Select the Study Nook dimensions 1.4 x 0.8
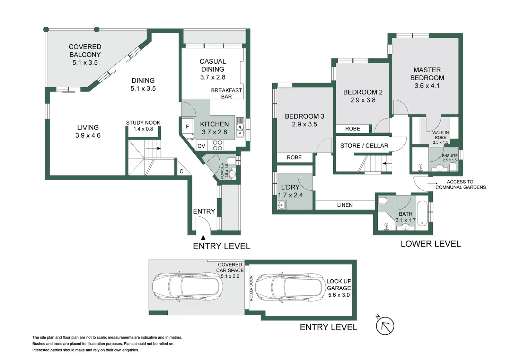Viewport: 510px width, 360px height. (x=143, y=129)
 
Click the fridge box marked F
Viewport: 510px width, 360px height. (x=187, y=126)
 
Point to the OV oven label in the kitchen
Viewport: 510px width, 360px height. (x=201, y=146)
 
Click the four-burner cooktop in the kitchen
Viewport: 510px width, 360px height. (x=217, y=145)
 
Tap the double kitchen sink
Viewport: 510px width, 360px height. (x=240, y=130)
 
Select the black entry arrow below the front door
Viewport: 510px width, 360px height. (x=203, y=238)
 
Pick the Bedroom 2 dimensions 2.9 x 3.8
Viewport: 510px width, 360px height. (x=363, y=100)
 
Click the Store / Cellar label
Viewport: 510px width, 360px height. (x=364, y=145)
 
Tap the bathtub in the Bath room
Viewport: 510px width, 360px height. (x=422, y=213)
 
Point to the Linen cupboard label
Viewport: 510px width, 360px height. (x=345, y=205)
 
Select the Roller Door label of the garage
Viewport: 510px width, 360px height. (x=251, y=288)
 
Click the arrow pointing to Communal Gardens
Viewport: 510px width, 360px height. (x=432, y=183)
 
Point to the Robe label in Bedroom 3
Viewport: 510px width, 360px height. (x=294, y=157)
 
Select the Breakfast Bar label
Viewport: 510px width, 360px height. (x=227, y=93)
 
